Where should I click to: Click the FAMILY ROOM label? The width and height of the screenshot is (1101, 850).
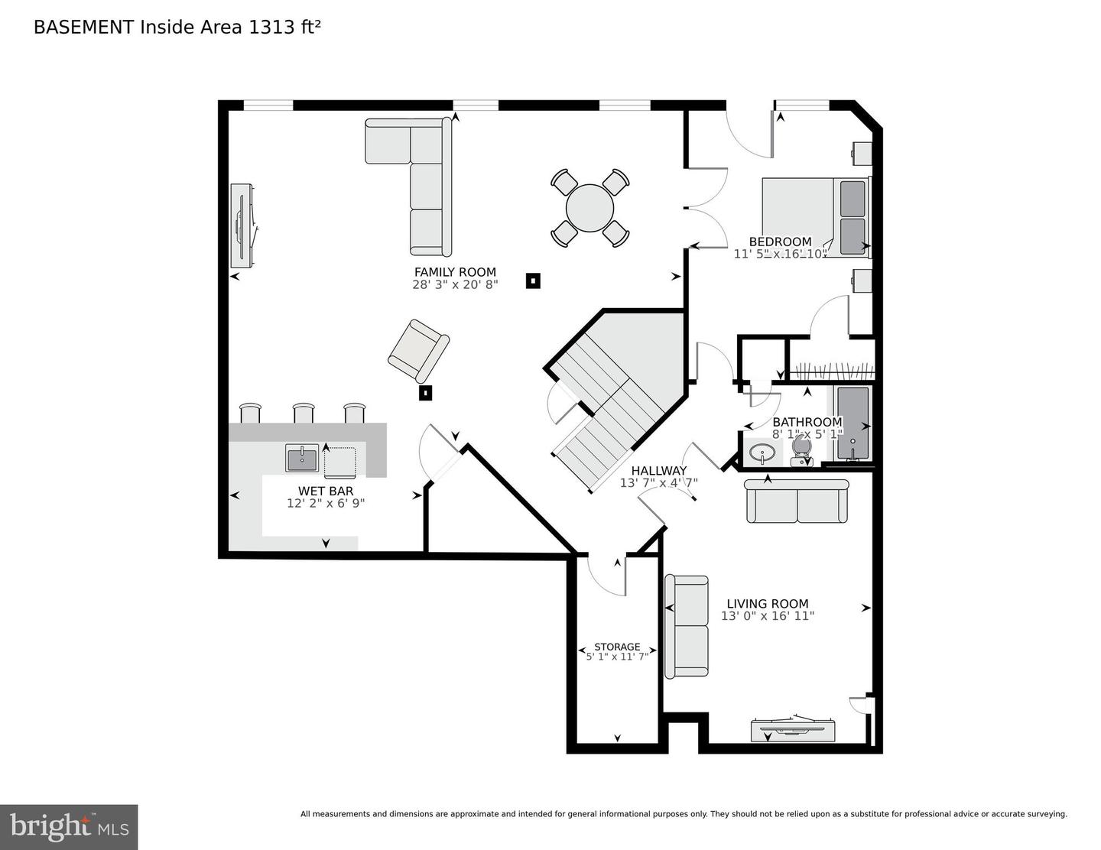455,272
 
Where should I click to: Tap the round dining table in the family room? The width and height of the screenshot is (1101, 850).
589,208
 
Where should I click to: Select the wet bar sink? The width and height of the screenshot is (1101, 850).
303,459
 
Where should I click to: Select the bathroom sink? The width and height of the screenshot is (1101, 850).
762,453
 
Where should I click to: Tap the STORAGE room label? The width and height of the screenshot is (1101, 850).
617,647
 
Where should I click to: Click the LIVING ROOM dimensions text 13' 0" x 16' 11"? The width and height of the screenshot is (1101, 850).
768,616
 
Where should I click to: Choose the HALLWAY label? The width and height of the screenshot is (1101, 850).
658,471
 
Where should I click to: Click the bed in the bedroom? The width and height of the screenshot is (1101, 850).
815,216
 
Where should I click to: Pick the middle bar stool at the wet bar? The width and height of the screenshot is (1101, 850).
304,413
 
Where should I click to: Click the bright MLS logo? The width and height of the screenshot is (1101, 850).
69,826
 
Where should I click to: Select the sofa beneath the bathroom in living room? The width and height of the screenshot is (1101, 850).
797,501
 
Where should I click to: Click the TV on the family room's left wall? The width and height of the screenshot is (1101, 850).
242,225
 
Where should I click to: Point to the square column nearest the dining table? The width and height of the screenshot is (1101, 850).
533,281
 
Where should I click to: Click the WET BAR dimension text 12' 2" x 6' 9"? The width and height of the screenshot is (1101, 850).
326,503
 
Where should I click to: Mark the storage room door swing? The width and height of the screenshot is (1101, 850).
606,577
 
